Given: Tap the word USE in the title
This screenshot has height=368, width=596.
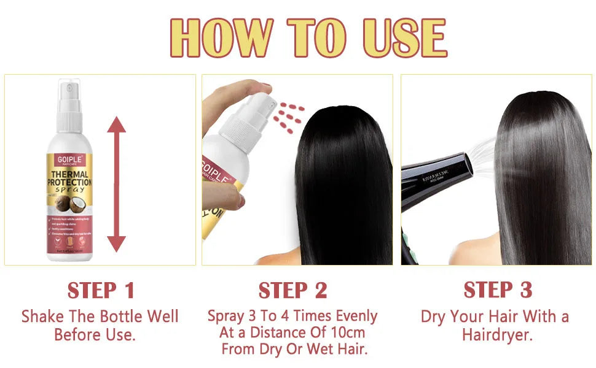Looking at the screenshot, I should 404,38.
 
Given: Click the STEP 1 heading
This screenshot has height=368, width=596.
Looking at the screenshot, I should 100,290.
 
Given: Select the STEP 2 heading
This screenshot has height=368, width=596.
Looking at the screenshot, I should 292,290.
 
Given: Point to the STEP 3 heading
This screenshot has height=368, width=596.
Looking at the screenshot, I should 498,289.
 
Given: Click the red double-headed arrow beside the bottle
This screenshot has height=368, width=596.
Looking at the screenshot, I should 116,184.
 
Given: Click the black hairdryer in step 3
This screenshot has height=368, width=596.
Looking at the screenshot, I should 436,178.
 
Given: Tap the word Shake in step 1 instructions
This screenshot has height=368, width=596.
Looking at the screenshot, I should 44,317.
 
